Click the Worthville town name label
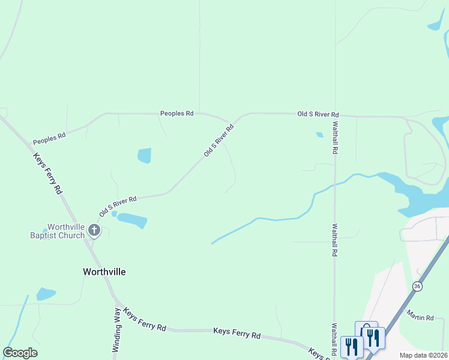pos(104,271)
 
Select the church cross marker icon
pos(94,230)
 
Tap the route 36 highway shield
pos(417,287)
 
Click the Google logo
pos(20,353)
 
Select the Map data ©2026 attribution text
pos(423,355)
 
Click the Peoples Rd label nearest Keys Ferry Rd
pos(49,139)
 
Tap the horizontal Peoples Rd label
pos(176,113)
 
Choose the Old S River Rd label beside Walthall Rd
pos(318,114)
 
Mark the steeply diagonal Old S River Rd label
pos(218,140)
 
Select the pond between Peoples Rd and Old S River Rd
pos(144,155)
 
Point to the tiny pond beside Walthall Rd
pos(319,134)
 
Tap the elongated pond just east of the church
pos(132,220)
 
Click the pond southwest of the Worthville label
pos(46,294)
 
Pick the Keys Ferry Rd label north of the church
pos(48,172)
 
